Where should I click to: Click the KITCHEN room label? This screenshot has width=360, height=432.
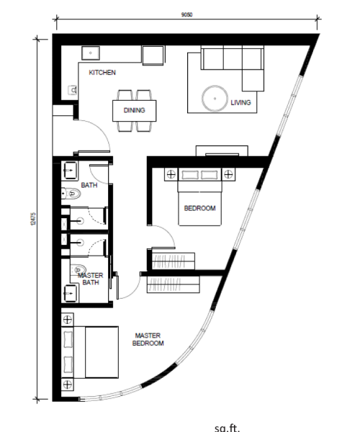coord(102,73)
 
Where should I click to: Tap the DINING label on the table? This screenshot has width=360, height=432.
coord(134,110)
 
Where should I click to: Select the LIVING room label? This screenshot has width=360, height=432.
coord(240,102)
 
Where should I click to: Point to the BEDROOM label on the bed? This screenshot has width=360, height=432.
coord(199,208)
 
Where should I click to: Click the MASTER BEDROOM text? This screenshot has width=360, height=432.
coord(148,339)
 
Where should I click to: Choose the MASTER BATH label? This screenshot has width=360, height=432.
coord(90,279)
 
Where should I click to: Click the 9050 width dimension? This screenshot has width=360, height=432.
coord(186,15)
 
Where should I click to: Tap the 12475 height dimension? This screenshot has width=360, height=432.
coord(33,219)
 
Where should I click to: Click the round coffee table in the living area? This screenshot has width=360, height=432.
coord(215,99)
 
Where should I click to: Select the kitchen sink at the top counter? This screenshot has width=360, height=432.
coord(90,53)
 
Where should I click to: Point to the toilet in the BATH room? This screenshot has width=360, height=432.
coord(71,194)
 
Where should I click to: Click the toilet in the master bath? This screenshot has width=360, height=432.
coord(78,269)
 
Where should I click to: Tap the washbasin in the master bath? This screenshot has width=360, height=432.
coord(70,294)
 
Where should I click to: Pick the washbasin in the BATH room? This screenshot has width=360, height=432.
coord(70,171)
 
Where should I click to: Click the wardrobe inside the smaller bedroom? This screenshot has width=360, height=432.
coord(174,261)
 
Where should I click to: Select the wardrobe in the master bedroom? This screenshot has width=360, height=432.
coord(174,284)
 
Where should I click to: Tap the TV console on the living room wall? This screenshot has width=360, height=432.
coord(222,150)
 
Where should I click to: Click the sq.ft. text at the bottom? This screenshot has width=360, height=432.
coord(228,428)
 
